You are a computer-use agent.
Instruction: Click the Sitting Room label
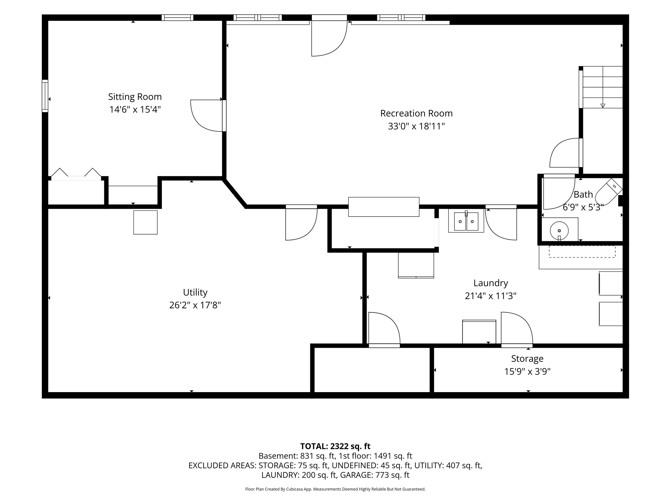tap(135, 97)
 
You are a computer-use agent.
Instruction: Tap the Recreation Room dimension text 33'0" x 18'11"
tap(416, 126)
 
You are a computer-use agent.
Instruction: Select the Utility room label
tap(195, 293)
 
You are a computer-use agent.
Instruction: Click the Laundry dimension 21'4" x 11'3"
tap(491, 296)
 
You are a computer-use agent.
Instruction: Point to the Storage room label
tap(527, 359)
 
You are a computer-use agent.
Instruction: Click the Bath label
tap(583, 194)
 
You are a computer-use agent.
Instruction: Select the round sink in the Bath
tap(559, 230)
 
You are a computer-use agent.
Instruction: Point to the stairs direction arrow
tap(603, 106)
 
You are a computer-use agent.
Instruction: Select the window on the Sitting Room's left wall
tap(45, 96)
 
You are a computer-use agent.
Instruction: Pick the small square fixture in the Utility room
tap(145, 222)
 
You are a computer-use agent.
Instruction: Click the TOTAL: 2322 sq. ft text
tap(335, 446)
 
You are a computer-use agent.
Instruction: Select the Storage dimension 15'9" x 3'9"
tap(527, 371)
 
